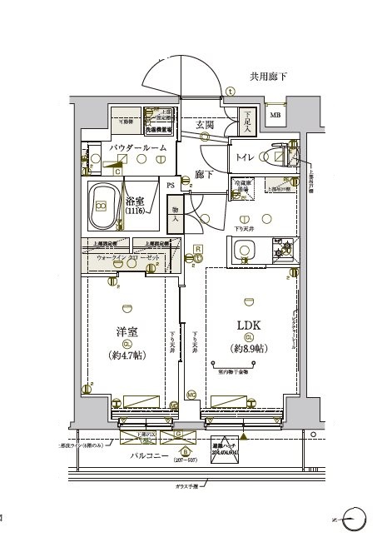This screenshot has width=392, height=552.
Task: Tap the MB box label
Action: click(275, 115)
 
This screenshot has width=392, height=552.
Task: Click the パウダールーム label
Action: click(137, 147)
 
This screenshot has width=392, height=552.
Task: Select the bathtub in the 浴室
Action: click(104, 206)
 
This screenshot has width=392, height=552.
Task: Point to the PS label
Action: click(170, 185)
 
